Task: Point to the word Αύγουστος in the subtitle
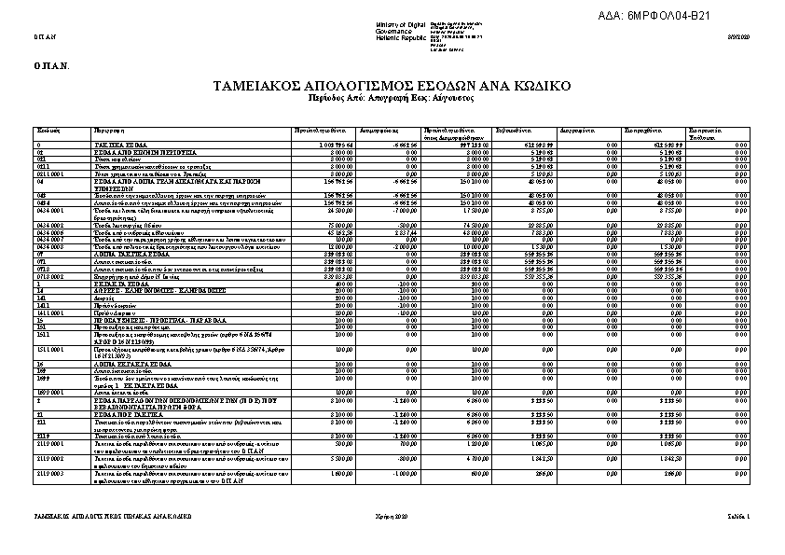[x=453, y=97]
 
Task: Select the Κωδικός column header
[x=48, y=131]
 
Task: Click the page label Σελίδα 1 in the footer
[x=738, y=516]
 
